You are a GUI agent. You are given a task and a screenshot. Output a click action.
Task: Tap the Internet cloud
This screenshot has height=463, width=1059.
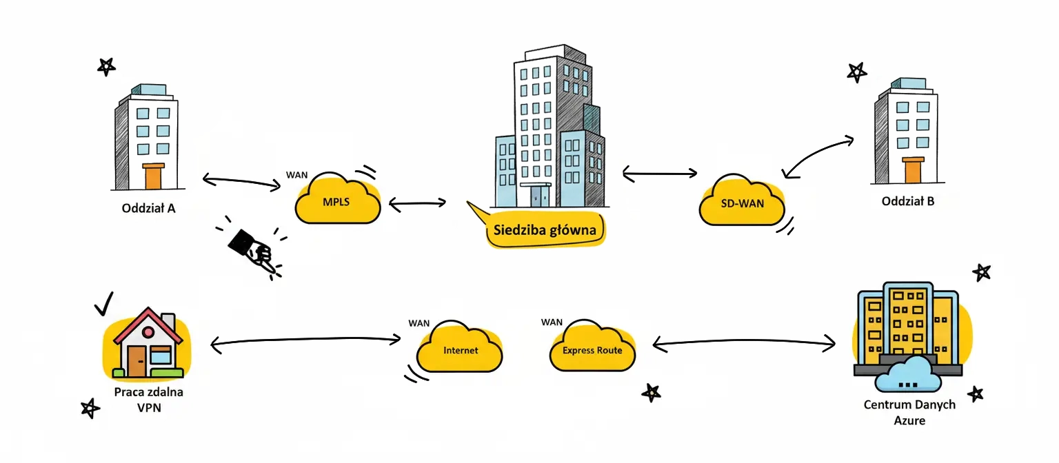point(460,349)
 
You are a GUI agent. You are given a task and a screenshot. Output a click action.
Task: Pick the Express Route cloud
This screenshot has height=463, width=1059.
point(592,349)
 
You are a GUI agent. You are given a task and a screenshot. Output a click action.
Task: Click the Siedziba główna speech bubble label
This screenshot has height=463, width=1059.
point(545,230)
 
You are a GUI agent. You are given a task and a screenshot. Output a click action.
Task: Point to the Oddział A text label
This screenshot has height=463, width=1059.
point(148,207)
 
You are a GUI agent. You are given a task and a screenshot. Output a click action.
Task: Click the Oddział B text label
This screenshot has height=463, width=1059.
point(908,202)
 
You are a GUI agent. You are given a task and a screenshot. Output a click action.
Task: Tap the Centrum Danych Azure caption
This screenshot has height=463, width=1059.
point(909,412)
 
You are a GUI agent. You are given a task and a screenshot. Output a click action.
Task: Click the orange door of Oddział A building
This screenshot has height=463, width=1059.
point(152,176)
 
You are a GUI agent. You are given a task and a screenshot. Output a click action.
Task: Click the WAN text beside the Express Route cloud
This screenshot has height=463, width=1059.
point(552,322)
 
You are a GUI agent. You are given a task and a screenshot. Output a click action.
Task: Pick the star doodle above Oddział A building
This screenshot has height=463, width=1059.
point(106,66)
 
